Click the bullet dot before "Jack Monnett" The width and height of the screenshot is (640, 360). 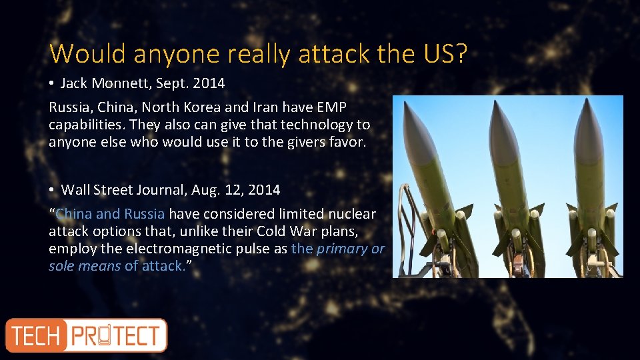point(52,83)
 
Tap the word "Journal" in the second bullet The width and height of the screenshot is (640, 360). point(164,190)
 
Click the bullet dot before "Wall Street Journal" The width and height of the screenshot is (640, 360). point(52,190)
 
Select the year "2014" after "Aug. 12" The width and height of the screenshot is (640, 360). point(264,190)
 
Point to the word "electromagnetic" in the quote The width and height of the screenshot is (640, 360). point(182,249)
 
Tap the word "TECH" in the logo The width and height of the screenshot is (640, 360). point(36,335)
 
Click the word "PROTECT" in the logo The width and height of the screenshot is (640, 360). point(116,335)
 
